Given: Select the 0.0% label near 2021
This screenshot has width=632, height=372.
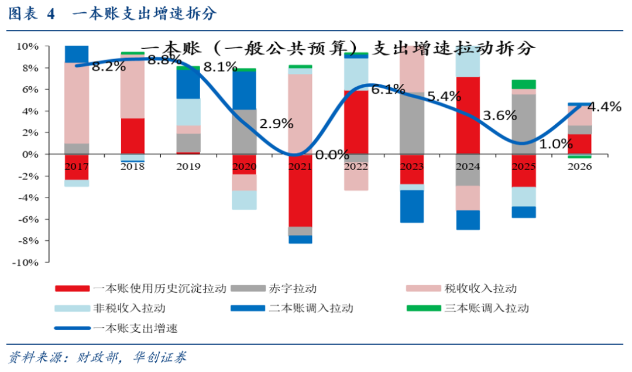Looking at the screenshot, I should (332, 155).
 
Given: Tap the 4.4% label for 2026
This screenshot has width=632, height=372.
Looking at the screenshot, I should (604, 107).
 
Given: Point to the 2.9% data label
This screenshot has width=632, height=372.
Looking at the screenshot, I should (276, 124).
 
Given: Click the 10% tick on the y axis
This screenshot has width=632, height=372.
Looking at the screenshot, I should (28, 46).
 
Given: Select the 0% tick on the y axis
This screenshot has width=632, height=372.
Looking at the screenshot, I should (30, 155).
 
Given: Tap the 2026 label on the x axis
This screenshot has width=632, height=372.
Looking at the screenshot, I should (579, 166).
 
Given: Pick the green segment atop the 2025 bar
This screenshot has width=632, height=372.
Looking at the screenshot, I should (523, 84).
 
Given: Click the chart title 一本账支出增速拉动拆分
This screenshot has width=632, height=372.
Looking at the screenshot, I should (338, 48).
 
